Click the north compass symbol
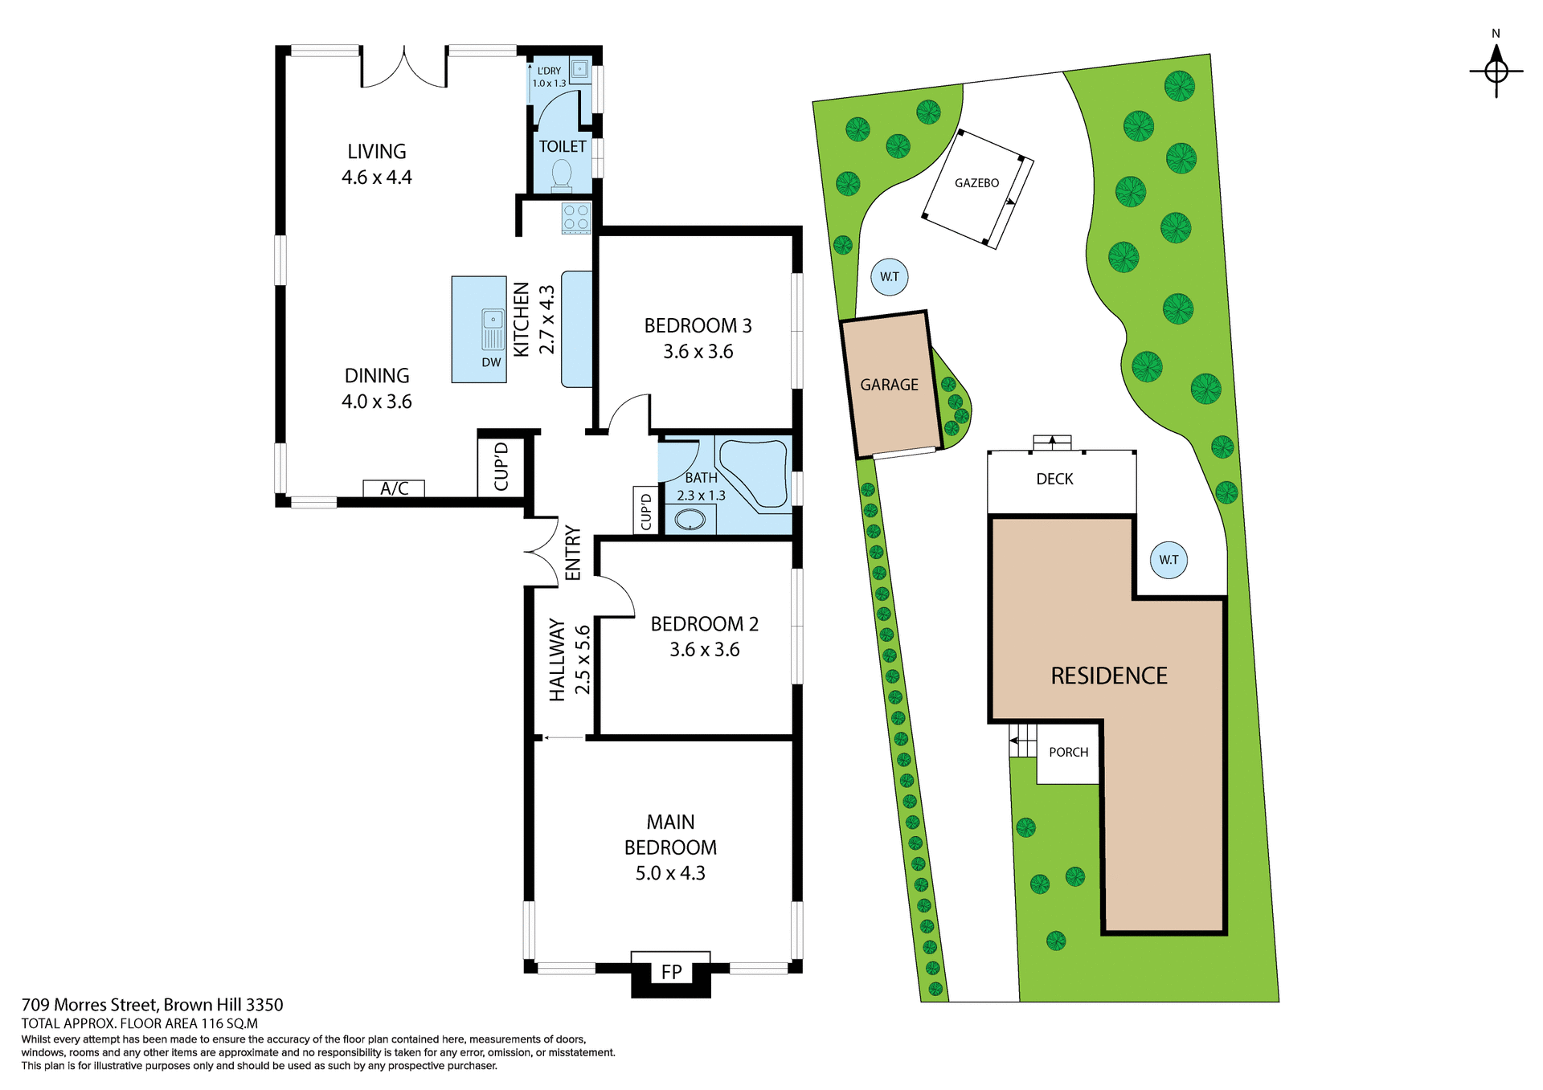click(1496, 71)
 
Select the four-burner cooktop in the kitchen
click(576, 218)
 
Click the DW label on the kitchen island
click(491, 362)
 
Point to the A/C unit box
click(394, 488)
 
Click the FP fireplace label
click(671, 972)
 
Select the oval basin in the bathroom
click(690, 520)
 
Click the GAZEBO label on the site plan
click(976, 183)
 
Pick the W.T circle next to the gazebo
click(889, 277)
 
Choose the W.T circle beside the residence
click(1169, 560)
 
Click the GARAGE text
click(889, 385)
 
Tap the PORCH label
click(1068, 753)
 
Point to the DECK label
click(1054, 480)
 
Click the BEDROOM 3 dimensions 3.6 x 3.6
click(698, 352)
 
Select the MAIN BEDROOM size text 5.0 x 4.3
click(669, 873)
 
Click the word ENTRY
click(572, 553)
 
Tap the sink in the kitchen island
click(493, 329)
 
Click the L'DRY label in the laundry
click(550, 71)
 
